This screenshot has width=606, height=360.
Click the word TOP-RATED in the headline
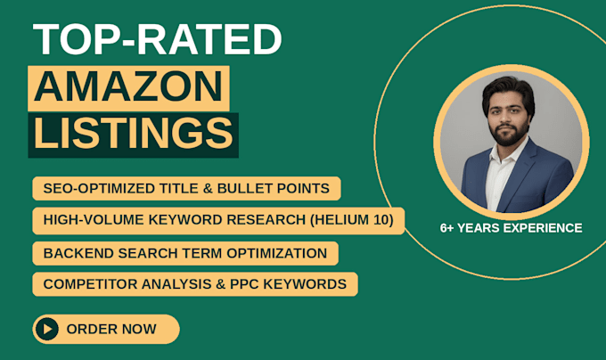158,39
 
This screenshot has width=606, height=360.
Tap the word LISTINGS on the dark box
134,133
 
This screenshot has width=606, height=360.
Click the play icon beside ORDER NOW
47,329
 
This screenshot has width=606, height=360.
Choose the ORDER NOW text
111,329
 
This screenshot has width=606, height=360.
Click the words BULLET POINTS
274,189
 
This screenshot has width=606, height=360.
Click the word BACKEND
78,253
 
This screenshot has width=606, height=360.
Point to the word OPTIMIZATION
277,253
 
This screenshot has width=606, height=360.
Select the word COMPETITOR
90,284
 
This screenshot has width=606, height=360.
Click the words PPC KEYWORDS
288,284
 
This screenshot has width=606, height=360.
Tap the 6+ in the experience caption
446,228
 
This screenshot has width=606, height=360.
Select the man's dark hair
508,91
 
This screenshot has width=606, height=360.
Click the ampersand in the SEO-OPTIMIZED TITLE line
208,189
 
